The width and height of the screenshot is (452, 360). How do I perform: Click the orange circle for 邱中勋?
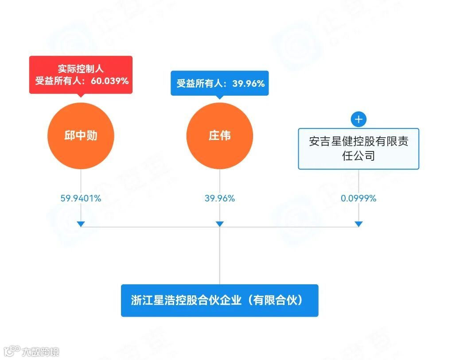coord(81,135)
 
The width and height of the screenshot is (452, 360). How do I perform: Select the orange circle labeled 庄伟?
coord(219,135)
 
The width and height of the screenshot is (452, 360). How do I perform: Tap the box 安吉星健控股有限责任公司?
coord(358,148)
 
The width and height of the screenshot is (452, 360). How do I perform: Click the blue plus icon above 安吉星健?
coord(358,119)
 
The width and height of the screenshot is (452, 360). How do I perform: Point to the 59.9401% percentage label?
coord(81,198)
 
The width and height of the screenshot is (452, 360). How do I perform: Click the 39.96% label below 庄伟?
coord(220,198)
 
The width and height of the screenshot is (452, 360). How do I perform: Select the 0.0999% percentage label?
coord(358,198)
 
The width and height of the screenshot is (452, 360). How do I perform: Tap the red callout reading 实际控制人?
coord(81,74)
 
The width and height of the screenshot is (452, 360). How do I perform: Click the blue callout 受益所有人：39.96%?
coord(220,83)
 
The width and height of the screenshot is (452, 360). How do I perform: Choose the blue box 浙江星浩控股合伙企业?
coord(219,300)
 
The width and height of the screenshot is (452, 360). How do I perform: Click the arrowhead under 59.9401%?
coord(81,224)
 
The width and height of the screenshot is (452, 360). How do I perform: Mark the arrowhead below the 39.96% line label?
coord(220,224)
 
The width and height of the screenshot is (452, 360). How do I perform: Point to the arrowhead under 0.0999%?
coord(358,224)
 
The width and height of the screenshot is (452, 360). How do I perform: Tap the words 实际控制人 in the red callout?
coord(81,69)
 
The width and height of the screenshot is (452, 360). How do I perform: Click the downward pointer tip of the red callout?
coord(81,96)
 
